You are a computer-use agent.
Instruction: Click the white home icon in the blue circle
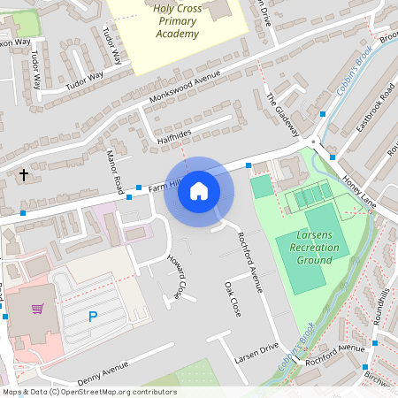click(199, 191)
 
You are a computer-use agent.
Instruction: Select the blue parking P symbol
click(92, 316)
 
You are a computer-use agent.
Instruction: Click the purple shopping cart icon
click(37, 309)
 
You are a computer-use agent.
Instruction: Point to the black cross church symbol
click(24, 175)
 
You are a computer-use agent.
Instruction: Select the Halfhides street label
click(174, 134)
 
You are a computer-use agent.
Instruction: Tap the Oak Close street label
click(233, 301)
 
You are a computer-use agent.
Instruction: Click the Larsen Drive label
click(256, 353)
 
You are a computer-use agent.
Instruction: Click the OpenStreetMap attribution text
click(89, 392)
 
